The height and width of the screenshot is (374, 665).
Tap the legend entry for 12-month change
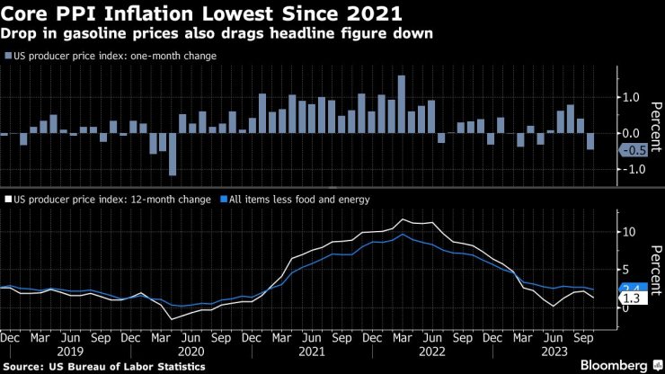click(x=108, y=200)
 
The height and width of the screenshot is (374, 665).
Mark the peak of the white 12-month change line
click(x=403, y=218)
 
